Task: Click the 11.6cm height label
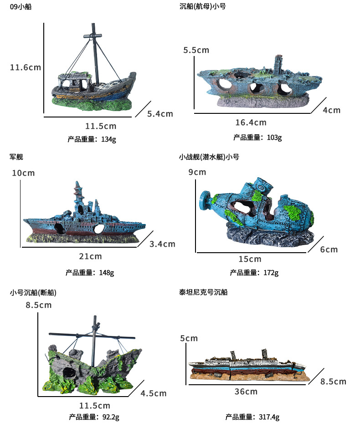point(26,67)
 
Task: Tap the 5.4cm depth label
point(160,114)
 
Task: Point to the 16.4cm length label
point(251,122)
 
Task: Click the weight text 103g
point(257,137)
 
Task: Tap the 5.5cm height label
point(196,50)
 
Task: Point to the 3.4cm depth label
point(162,244)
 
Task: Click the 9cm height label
point(197,172)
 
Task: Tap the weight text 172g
point(254,273)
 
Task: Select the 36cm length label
point(246,392)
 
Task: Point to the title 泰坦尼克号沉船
point(203,292)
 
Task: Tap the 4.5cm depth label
point(153,393)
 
